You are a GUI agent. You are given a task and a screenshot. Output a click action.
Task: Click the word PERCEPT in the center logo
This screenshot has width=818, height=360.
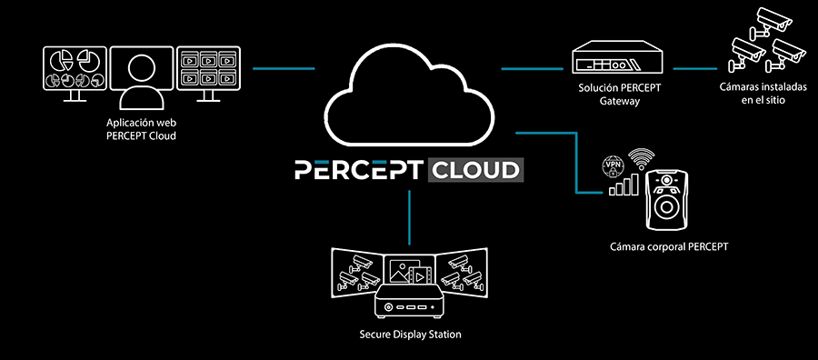[358, 170]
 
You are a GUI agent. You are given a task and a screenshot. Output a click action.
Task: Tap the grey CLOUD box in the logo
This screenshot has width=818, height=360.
[475, 170]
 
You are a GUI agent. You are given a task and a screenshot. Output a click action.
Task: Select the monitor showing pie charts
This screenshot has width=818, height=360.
[75, 73]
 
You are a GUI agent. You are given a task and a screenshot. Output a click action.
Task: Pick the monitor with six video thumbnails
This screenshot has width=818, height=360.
[208, 73]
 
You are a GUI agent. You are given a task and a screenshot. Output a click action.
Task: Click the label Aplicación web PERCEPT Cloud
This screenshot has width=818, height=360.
[141, 129]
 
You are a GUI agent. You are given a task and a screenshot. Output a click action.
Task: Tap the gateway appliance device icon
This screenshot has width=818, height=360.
[618, 57]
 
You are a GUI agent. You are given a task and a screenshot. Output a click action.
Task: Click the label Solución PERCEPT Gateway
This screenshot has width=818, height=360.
[619, 95]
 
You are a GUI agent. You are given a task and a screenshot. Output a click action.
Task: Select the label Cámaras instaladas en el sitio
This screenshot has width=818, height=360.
[763, 94]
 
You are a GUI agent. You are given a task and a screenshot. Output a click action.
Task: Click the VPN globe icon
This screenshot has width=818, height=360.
[611, 168]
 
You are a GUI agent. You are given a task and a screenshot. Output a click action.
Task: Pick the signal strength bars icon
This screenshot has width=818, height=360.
[623, 185]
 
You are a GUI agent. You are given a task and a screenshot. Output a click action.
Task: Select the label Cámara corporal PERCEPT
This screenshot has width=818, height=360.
[669, 245]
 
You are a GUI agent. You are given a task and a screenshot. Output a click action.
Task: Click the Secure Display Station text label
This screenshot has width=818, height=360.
[410, 334]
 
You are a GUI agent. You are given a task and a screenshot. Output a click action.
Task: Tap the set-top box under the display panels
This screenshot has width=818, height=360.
[410, 301]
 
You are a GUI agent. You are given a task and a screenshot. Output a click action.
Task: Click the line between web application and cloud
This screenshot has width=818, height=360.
[284, 68]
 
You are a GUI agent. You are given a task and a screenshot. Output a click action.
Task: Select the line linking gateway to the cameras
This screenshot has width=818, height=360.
[695, 68]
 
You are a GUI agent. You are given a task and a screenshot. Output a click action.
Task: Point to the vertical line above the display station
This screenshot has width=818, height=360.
[410, 217]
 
